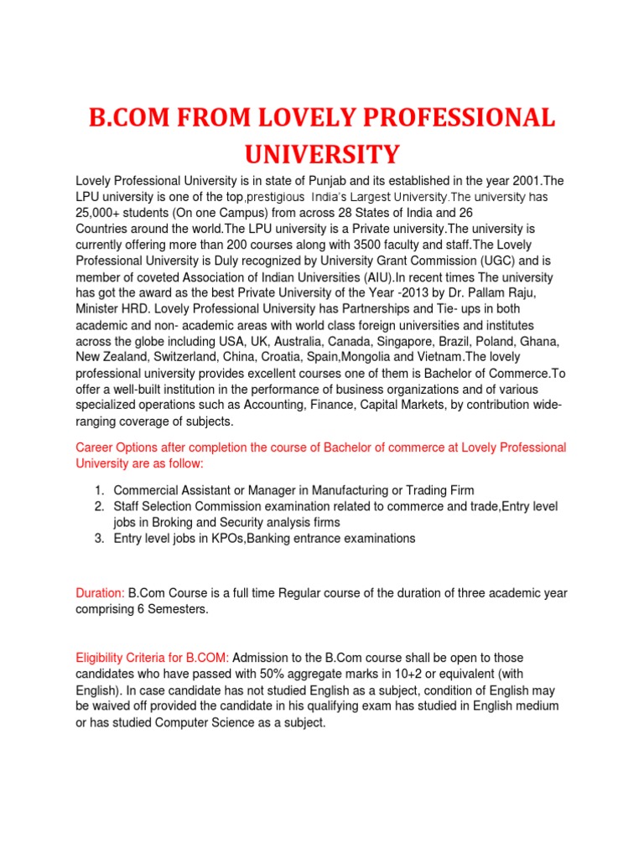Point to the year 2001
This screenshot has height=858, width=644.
click(x=503, y=181)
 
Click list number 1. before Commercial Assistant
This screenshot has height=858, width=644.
click(x=98, y=491)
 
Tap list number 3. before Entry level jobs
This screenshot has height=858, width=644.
click(x=98, y=539)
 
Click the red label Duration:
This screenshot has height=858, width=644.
click(x=101, y=593)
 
